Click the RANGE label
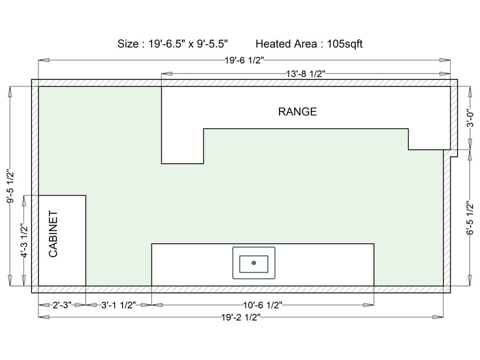pos(297,111)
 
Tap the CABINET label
pos(53,234)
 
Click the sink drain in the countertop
pos(254,262)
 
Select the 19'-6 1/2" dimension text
pos(244,60)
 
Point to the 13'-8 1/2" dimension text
pos(305,74)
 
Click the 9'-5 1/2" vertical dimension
pos(11,187)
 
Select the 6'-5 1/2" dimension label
pos(470,218)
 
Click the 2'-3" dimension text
pos(62,305)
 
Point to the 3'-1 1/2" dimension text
pos(118,305)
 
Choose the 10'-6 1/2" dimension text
pos(262,305)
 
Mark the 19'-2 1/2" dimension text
pos(241,317)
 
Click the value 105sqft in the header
pos(345,44)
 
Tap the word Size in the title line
pos(128,44)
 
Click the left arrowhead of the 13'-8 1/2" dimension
pos(166,74)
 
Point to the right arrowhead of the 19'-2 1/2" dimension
pos(438,317)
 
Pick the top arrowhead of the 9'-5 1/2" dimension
pos(11,92)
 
